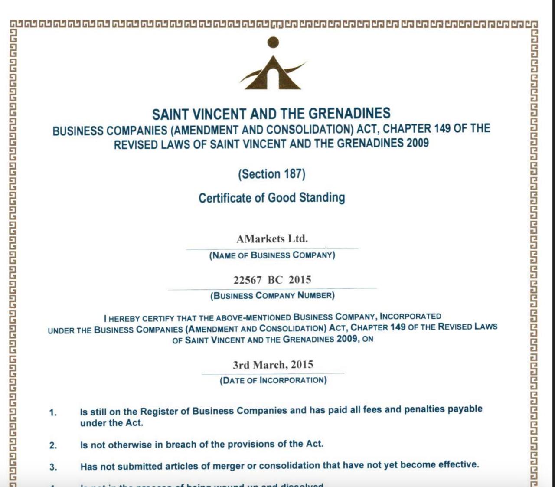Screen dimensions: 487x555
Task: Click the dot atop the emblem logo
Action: [x=273, y=42]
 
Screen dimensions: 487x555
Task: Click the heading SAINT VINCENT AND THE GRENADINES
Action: [x=271, y=114]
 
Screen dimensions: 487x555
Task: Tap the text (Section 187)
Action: [x=271, y=174]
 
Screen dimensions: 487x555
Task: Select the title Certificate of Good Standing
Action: [x=272, y=198]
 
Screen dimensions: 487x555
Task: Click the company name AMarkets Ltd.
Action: [x=272, y=239]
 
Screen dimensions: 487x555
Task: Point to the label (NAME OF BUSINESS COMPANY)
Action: [x=272, y=255]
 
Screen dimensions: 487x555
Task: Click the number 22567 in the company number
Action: [x=247, y=280]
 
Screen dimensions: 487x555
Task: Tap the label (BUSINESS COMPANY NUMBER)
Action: [x=272, y=296]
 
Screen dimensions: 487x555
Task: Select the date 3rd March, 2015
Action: [x=273, y=365]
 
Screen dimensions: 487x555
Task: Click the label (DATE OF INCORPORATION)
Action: [x=273, y=380]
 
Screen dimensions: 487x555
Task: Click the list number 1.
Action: [x=53, y=412]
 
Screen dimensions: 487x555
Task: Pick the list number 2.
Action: [x=53, y=445]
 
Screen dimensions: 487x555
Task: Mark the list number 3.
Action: [x=53, y=467]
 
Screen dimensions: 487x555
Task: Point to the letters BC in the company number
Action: [x=275, y=280]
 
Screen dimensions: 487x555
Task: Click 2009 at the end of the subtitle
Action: [x=417, y=143]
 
